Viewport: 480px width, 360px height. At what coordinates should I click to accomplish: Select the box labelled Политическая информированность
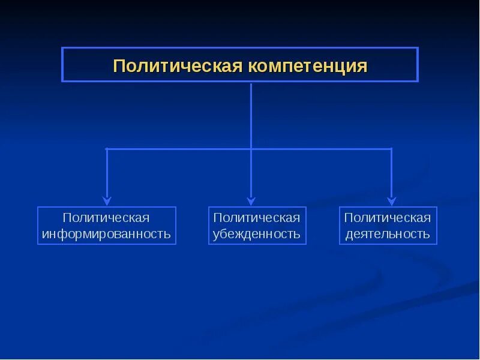click(107, 226)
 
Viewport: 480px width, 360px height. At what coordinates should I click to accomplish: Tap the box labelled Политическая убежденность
click(257, 226)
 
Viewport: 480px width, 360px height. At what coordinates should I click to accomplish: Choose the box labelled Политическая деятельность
click(388, 226)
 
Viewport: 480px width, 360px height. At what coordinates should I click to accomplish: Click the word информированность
click(107, 234)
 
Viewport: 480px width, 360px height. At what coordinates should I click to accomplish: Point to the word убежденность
click(257, 234)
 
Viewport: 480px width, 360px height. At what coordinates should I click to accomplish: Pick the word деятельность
click(388, 234)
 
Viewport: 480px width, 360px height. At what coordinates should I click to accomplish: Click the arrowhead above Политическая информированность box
click(107, 202)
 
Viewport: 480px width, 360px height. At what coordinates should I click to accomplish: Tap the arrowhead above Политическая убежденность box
click(251, 202)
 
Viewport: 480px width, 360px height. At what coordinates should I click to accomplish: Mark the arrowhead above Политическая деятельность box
click(391, 202)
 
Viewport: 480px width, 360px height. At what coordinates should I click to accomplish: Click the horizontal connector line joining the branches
click(180, 148)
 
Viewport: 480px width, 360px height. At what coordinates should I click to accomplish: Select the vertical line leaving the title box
click(251, 114)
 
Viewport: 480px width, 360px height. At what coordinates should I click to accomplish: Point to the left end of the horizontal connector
click(107, 148)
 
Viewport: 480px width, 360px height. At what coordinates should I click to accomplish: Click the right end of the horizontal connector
click(391, 148)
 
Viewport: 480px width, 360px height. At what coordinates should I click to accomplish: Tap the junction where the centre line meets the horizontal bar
click(251, 148)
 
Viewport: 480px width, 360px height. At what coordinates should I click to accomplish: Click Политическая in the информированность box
click(107, 217)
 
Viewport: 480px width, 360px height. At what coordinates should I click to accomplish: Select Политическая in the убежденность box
click(257, 217)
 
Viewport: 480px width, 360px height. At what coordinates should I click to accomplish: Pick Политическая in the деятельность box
click(388, 217)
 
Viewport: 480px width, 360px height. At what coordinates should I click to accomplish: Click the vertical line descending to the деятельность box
click(391, 174)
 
